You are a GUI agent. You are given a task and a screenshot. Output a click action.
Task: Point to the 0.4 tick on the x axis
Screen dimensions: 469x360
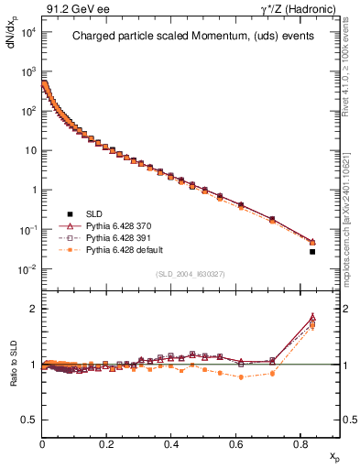[171, 443]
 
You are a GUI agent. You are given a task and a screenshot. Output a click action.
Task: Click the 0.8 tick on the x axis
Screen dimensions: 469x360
[301, 443]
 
